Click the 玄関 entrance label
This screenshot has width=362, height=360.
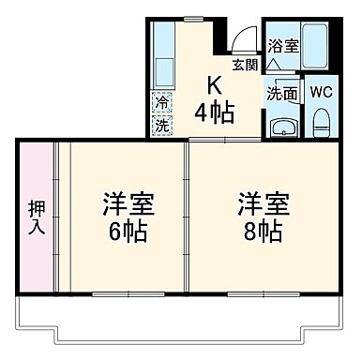coord(245,65)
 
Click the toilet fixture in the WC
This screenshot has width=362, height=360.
coord(321,121)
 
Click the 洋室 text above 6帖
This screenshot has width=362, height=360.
coord(128,203)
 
